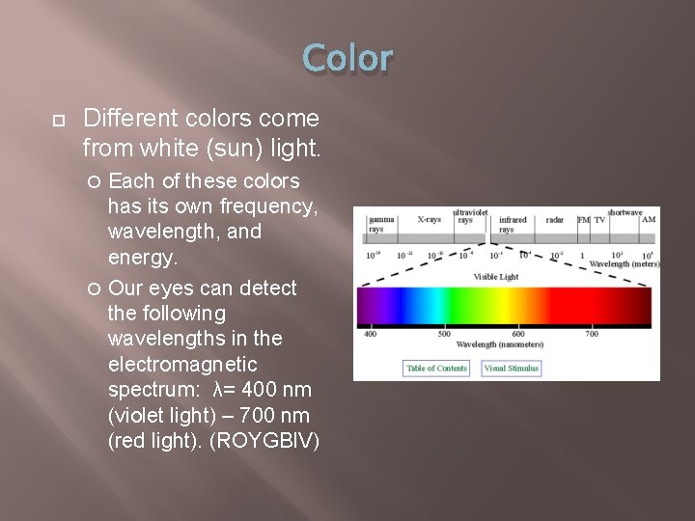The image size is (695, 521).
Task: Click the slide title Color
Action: click(x=347, y=59)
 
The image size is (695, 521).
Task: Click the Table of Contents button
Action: click(x=436, y=368)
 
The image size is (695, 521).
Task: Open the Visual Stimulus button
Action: click(x=512, y=368)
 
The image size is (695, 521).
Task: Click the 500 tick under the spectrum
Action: click(x=444, y=334)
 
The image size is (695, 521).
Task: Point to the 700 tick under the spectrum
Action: click(x=592, y=334)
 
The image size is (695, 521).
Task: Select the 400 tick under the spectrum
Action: click(x=370, y=334)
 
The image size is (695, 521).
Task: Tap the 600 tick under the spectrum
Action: click(x=518, y=334)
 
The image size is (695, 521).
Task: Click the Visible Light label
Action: click(x=495, y=277)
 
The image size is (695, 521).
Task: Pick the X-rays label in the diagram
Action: click(x=430, y=220)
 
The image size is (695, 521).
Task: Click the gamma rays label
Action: click(x=381, y=224)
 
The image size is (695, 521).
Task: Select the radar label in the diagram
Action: click(x=554, y=220)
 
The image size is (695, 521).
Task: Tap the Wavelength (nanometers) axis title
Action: click(x=499, y=344)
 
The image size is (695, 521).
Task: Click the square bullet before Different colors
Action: click(x=59, y=120)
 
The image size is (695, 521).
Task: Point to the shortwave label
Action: click(x=625, y=212)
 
